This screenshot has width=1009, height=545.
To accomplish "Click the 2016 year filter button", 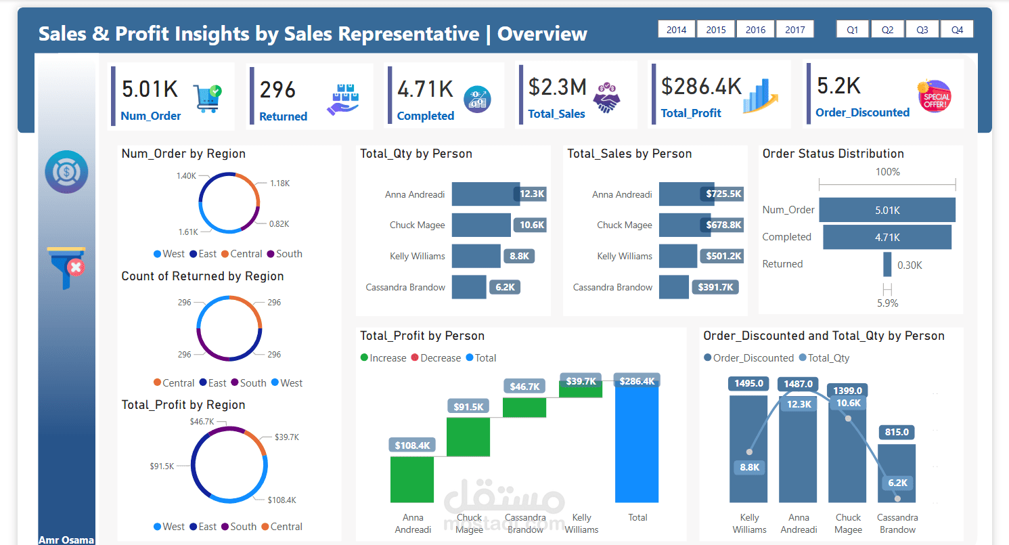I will tap(755, 29).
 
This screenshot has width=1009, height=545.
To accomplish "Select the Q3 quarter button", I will tap(922, 29).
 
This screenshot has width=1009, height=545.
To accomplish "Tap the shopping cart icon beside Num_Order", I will tap(206, 98).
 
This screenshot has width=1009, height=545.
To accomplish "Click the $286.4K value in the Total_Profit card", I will tap(701, 87).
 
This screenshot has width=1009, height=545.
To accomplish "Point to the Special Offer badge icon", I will tap(935, 96).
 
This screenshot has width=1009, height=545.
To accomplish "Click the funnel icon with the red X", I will tap(66, 267).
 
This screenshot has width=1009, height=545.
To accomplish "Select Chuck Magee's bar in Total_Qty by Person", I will tap(481, 225).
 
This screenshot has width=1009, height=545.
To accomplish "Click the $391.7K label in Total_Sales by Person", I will tap(716, 287).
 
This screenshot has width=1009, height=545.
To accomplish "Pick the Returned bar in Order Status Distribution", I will tap(887, 264).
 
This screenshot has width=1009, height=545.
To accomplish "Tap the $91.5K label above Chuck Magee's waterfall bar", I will tap(469, 407).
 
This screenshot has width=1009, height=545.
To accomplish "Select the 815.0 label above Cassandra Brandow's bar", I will tap(897, 432).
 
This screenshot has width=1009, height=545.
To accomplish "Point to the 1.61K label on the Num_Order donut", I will tap(189, 232).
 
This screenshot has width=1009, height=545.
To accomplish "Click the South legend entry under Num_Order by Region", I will tap(284, 254).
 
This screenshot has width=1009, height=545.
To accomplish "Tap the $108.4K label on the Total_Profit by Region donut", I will tap(282, 500).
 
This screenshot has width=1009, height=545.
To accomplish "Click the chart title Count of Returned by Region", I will tap(202, 276).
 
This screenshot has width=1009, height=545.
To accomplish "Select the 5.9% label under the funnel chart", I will tap(887, 303).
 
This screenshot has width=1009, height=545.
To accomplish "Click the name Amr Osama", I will tap(66, 540).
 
